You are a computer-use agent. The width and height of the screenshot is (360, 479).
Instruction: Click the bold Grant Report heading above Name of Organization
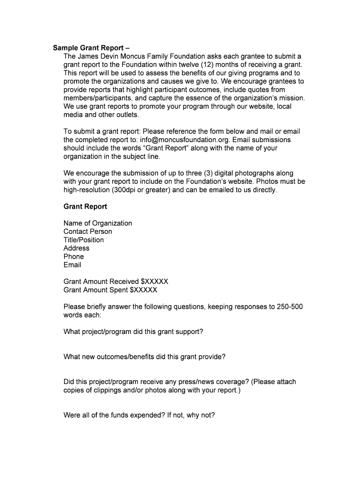[85, 206]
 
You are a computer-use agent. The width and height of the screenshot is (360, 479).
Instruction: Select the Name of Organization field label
[98, 223]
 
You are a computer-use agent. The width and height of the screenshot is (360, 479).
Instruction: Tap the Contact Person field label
[87, 232]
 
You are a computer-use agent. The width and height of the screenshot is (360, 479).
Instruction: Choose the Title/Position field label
[84, 240]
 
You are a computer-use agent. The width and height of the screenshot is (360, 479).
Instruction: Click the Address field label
[76, 248]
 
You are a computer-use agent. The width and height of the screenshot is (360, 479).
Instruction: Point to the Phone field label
[73, 256]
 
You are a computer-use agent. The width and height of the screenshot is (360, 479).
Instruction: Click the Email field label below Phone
[72, 265]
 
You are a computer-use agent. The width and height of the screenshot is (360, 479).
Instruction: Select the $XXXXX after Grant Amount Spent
[144, 290]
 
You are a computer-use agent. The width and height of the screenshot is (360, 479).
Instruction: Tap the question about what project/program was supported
[133, 332]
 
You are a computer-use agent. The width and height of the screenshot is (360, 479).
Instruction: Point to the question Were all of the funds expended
[139, 414]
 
